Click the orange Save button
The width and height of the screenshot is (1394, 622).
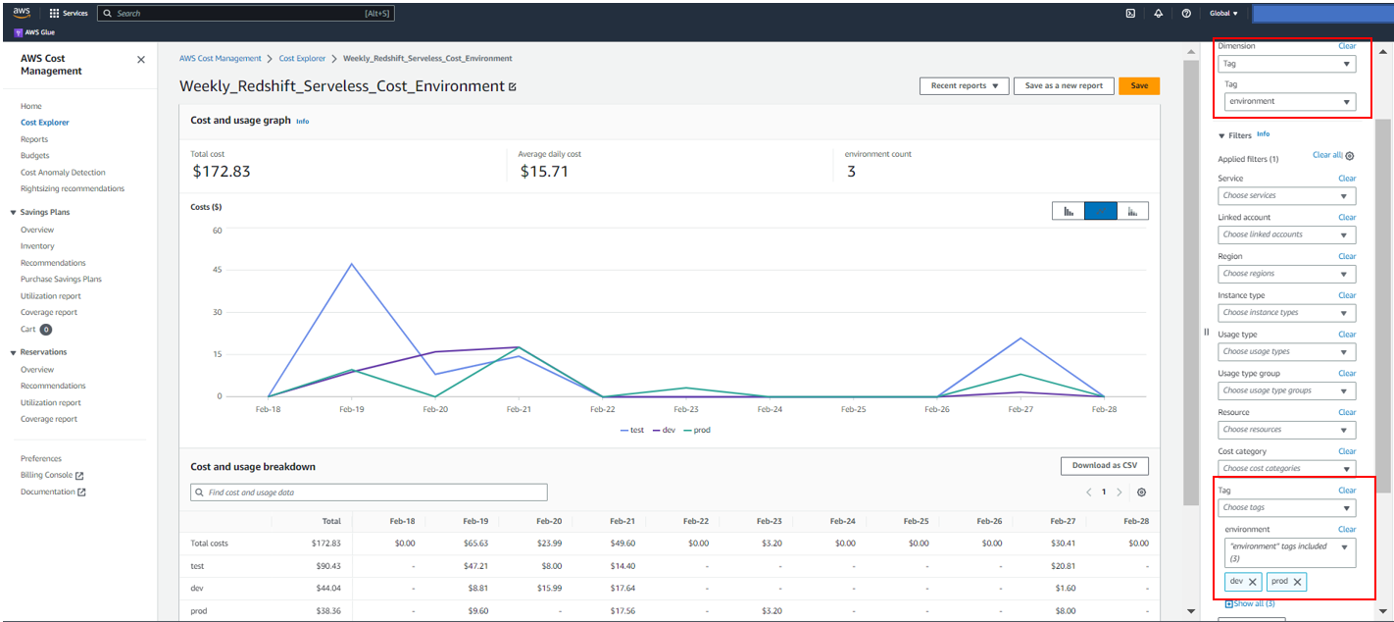(1138, 85)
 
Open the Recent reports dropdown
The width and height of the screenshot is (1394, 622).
(964, 85)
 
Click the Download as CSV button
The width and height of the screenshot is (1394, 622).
(1104, 466)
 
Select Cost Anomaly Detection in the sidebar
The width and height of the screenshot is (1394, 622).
(63, 173)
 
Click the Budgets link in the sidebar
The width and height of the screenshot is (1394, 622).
(34, 156)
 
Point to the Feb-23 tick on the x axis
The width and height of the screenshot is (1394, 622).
(686, 409)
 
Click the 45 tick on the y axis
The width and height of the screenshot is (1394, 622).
(217, 270)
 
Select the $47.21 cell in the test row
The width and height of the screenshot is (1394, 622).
(475, 566)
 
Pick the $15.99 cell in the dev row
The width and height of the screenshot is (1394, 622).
(549, 589)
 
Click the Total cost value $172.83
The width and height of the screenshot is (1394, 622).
(221, 172)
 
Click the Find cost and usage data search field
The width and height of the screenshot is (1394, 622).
(369, 492)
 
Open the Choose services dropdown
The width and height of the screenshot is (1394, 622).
(1286, 196)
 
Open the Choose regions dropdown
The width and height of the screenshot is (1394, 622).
(1286, 274)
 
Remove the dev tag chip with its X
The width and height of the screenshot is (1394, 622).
(1252, 582)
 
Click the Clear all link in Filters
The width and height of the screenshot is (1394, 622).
(1326, 156)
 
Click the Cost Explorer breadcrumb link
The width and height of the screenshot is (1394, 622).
(302, 59)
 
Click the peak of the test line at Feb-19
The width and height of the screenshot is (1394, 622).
(351, 264)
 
